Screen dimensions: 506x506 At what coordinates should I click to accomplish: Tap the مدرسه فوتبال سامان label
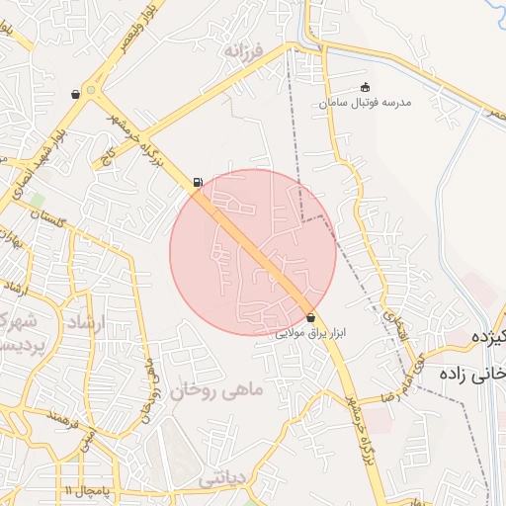pyautogui.click(x=368, y=102)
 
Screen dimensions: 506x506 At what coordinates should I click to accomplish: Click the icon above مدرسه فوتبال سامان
pyautogui.click(x=366, y=87)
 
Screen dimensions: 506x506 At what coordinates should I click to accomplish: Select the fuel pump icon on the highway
pyautogui.click(x=199, y=182)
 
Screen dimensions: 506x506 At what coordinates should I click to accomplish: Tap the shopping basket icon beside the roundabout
pyautogui.click(x=76, y=94)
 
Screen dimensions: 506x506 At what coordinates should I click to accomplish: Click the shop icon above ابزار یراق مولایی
pyautogui.click(x=312, y=318)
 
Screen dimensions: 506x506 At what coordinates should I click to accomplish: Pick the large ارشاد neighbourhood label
pyautogui.click(x=89, y=324)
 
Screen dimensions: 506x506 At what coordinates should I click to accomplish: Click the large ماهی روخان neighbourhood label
pyautogui.click(x=218, y=390)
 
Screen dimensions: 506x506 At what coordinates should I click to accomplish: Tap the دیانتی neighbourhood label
pyautogui.click(x=220, y=478)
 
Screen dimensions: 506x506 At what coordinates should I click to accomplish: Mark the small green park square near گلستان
pyautogui.click(x=36, y=201)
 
